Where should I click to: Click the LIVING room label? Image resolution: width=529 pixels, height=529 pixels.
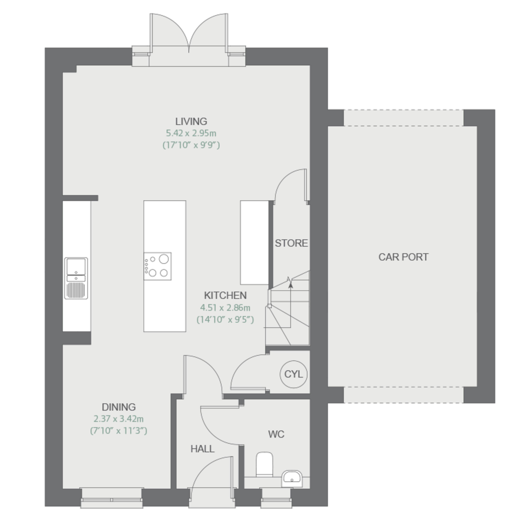coord(191,121)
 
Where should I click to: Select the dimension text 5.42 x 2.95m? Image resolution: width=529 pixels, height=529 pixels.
coord(191,133)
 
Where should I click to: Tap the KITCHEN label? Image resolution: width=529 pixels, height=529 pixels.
coord(225,295)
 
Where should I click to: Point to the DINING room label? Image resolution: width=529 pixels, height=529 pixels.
coord(119,407)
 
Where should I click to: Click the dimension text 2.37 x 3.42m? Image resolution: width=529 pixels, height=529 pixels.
coord(119,419)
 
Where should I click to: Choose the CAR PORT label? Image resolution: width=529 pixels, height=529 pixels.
coord(403,257)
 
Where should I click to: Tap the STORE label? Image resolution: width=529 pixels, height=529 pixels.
coord(291,243)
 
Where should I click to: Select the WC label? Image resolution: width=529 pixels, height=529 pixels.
coord(276,434)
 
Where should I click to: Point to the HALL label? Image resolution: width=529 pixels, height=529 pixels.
coord(203,449)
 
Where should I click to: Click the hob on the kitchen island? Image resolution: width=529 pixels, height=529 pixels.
coord(157,266)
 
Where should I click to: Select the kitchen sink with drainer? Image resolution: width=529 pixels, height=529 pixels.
coord(76,278)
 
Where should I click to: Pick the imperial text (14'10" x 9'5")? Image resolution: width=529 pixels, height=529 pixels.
coord(225,320)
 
